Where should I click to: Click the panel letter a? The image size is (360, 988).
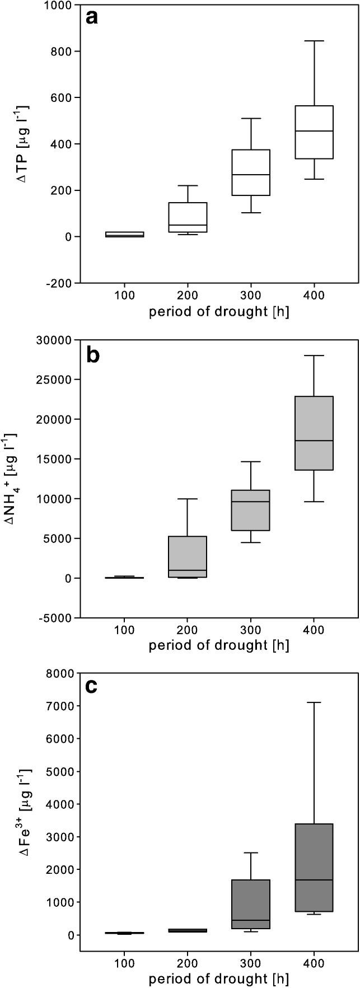coord(92,18)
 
